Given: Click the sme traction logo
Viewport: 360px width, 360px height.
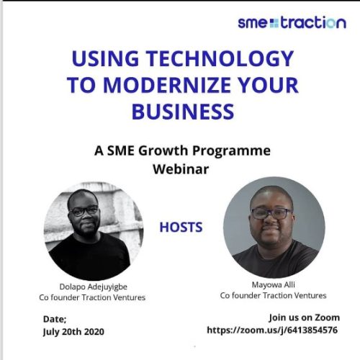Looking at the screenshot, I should pos(292,23).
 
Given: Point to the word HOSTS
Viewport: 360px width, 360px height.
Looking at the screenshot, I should pos(180,226).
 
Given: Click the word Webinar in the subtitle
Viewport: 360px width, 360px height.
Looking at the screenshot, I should pos(180,168).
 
